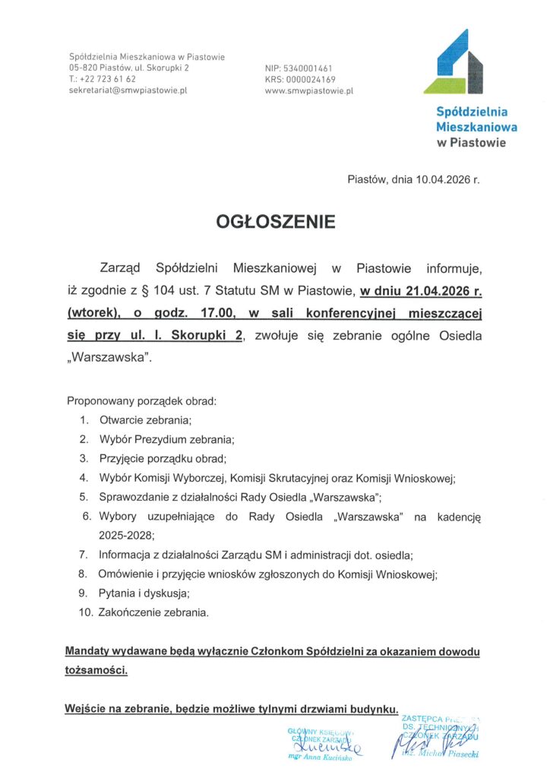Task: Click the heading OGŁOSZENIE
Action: click(275, 223)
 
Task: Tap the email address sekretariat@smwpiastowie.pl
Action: click(128, 90)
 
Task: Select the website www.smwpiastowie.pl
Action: click(309, 90)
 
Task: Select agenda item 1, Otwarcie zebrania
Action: click(144, 419)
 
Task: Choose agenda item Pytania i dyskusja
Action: click(144, 592)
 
